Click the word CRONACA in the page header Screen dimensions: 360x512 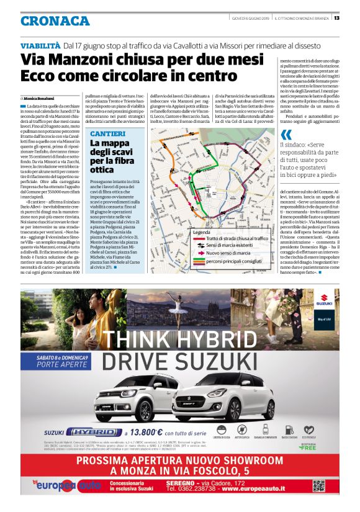point(55,21)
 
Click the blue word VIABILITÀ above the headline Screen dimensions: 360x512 point(40,46)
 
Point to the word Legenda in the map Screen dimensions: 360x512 point(203,231)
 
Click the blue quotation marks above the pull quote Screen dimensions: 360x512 point(284,135)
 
